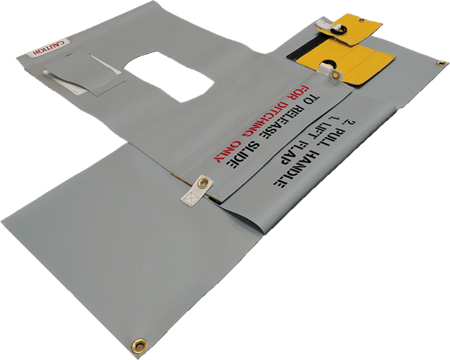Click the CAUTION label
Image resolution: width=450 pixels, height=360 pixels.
point(48,48)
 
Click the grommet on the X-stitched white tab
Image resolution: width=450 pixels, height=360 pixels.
point(204,183)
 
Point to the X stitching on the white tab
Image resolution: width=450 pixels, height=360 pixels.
point(190,197)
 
